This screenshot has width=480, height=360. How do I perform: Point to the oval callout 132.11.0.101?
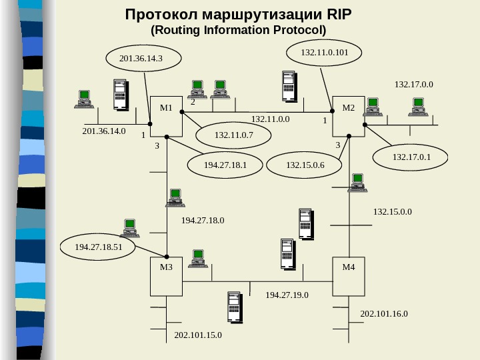[x=323, y=51]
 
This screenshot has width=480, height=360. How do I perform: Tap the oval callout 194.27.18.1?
[x=225, y=164]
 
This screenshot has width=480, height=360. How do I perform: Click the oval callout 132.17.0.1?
[x=411, y=157]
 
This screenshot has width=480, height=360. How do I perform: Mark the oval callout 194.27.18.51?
[x=98, y=247]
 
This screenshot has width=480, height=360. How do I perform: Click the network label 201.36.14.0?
[x=103, y=131]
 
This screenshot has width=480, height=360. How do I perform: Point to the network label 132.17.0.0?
[x=414, y=85]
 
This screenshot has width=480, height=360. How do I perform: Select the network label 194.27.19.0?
[x=287, y=294]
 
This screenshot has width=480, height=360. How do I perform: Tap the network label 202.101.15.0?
[x=198, y=335]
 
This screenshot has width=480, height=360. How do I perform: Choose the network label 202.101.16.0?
[x=384, y=313]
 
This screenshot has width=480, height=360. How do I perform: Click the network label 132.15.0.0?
[x=393, y=212]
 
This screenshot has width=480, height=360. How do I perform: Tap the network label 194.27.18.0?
[x=203, y=219]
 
